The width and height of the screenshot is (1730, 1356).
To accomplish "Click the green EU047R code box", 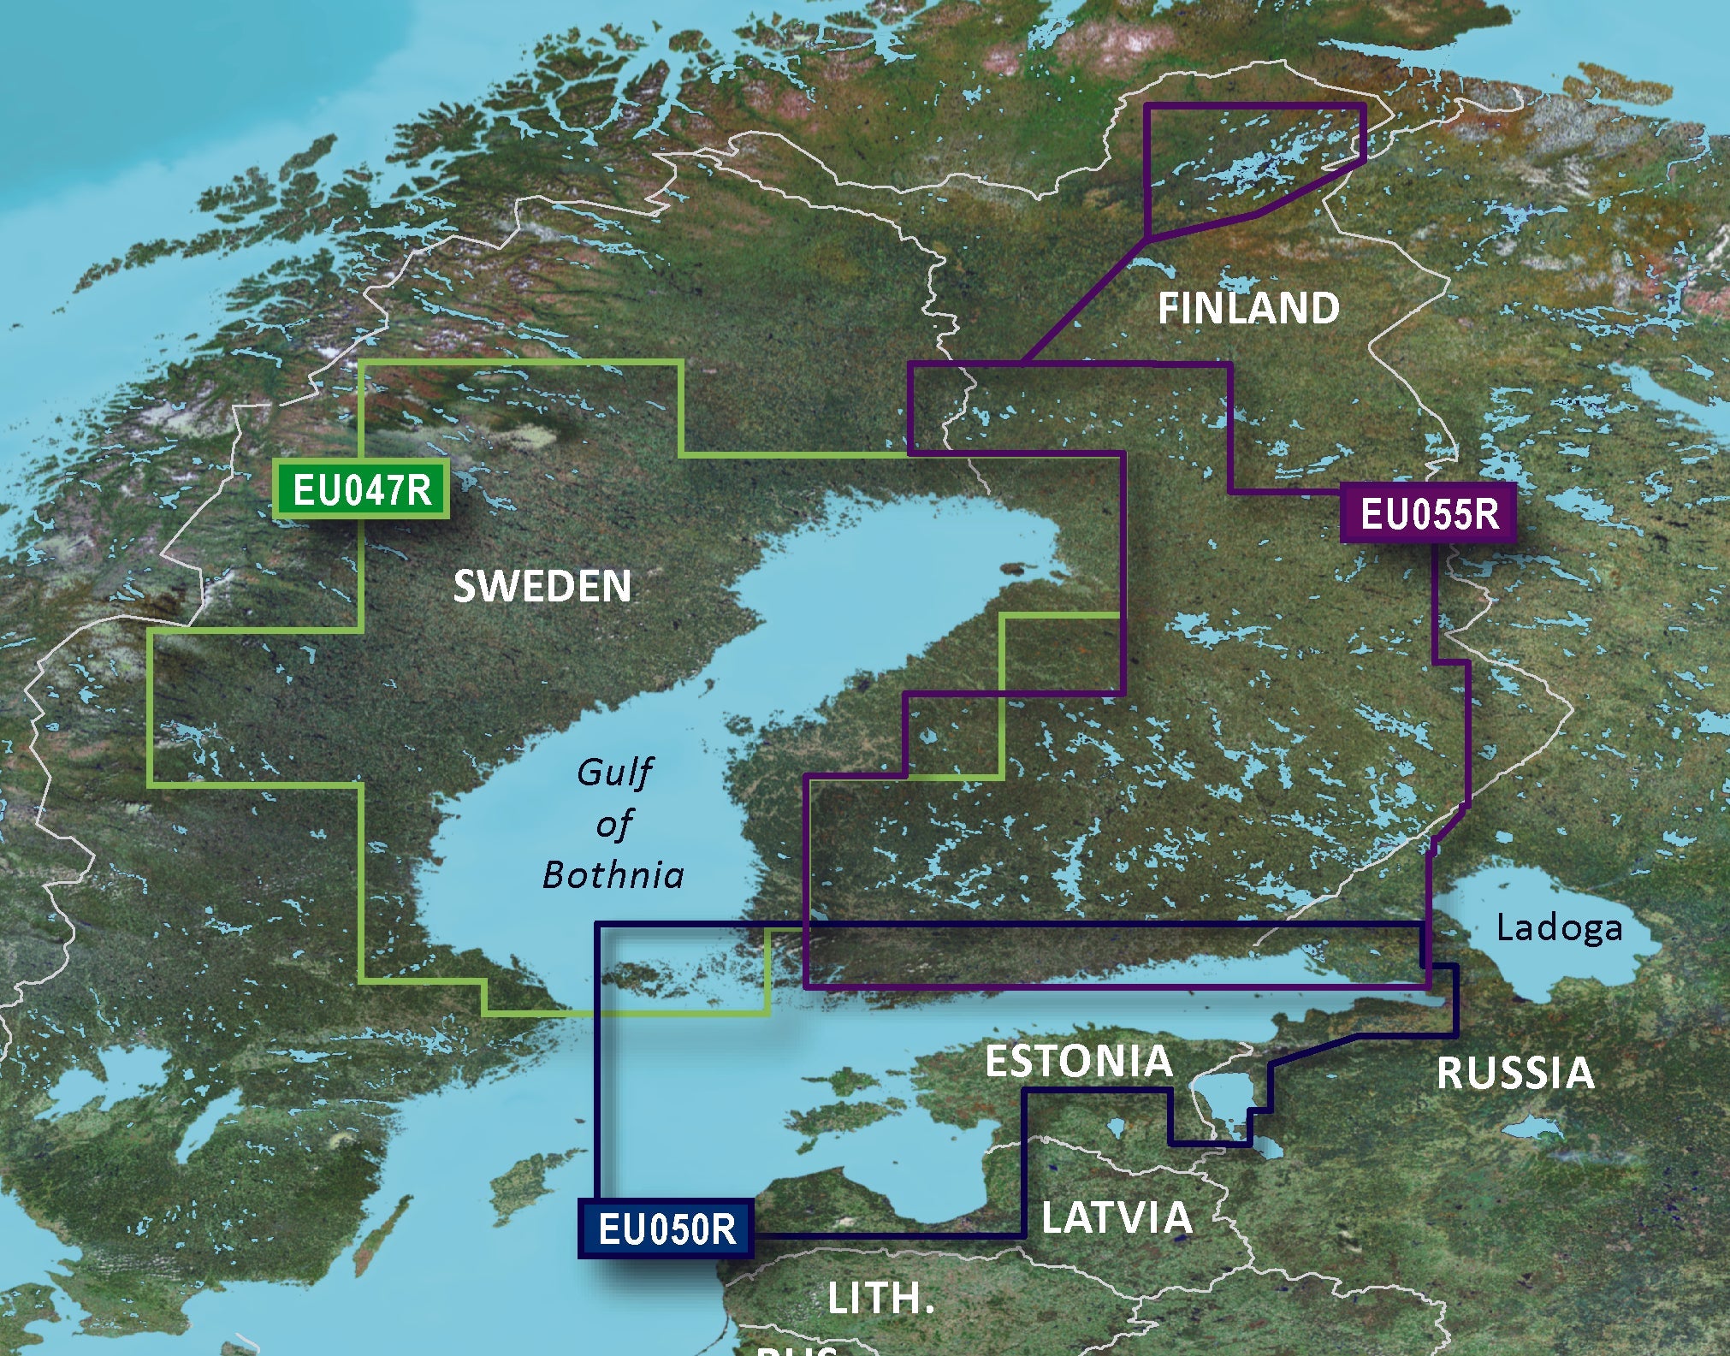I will pyautogui.click(x=361, y=490).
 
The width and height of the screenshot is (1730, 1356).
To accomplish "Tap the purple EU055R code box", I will pyautogui.click(x=1428, y=514).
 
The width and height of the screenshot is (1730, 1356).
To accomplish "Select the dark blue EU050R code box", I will pyautogui.click(x=666, y=1229).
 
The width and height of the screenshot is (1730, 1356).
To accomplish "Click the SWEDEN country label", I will pyautogui.click(x=542, y=587).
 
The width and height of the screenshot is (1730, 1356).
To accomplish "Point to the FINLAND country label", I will pyautogui.click(x=1248, y=309).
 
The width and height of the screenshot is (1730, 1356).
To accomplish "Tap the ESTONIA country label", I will pyautogui.click(x=1078, y=1062).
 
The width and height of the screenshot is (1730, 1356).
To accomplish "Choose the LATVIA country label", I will pyautogui.click(x=1117, y=1218).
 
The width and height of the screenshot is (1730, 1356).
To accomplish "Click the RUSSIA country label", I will pyautogui.click(x=1515, y=1074).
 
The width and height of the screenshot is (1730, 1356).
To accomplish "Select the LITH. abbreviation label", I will pyautogui.click(x=880, y=1299).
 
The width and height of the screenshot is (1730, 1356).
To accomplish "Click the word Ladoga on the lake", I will pyautogui.click(x=1559, y=928).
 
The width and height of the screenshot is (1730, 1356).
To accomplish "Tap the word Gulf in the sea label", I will pyautogui.click(x=614, y=773).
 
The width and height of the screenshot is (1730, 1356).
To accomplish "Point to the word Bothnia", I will pyautogui.click(x=613, y=875).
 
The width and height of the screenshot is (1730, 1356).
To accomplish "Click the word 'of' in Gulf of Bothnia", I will pyautogui.click(x=613, y=825).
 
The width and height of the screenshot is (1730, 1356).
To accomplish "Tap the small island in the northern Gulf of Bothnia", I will pyautogui.click(x=1014, y=567).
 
